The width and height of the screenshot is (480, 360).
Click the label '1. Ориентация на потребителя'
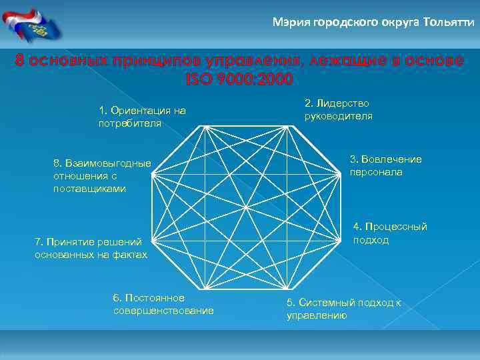click(x=141, y=117)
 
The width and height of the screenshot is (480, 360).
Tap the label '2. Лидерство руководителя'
click(x=338, y=109)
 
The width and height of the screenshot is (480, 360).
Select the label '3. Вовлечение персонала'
click(x=385, y=165)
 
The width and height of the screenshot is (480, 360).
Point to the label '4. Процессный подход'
click(x=390, y=233)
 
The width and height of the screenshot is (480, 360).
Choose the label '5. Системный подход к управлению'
click(x=343, y=309)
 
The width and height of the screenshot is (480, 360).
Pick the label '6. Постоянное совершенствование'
click(x=163, y=303)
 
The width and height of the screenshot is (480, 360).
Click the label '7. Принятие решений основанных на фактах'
click(x=91, y=247)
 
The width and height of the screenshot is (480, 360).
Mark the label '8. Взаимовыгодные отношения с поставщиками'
click(x=101, y=176)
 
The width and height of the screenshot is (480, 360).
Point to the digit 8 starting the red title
click(x=21, y=61)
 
